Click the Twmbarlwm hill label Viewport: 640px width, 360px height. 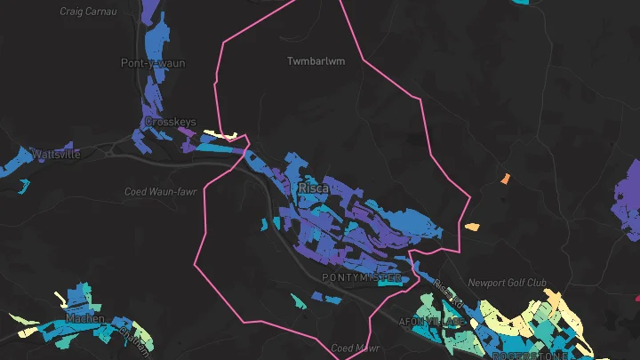(x=315, y=61)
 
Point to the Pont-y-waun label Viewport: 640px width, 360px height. (x=147, y=63)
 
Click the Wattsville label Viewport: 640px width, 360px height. (x=56, y=155)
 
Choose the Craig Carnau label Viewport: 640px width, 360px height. (x=84, y=12)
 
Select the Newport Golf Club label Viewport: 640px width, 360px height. (x=507, y=284)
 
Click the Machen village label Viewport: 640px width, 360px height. (x=84, y=318)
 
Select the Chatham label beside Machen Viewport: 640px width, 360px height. (x=134, y=339)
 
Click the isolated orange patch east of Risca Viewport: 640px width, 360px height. (x=505, y=179)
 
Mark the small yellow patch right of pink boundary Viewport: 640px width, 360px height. (x=472, y=227)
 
